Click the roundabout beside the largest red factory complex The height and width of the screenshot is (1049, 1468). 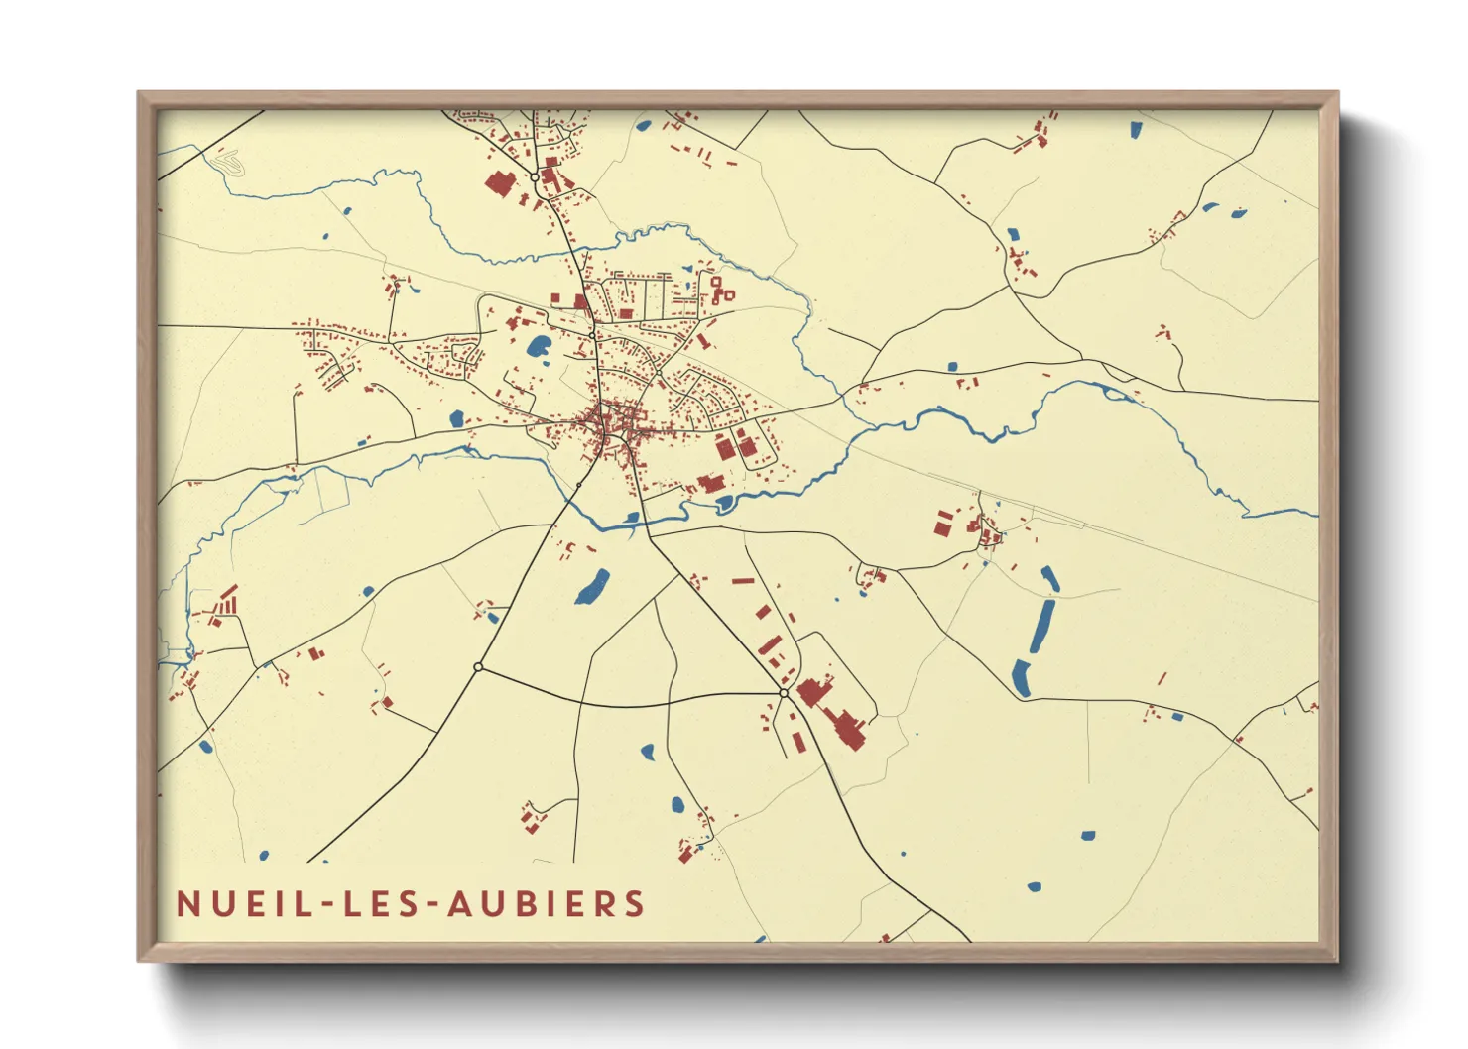point(784,693)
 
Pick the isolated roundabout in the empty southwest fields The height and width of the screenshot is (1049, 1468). point(478,667)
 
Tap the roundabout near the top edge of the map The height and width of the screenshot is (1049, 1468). point(535,177)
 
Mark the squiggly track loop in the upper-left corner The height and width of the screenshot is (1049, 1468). point(229,162)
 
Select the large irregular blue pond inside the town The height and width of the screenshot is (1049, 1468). point(540,346)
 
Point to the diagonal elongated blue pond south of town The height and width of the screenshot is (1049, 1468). point(592,587)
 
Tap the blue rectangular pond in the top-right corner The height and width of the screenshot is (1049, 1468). point(1135,128)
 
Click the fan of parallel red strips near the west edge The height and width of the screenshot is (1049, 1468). point(227,602)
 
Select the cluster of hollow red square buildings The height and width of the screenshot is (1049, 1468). point(721,290)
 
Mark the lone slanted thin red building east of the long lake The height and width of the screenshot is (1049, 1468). point(1162,679)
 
